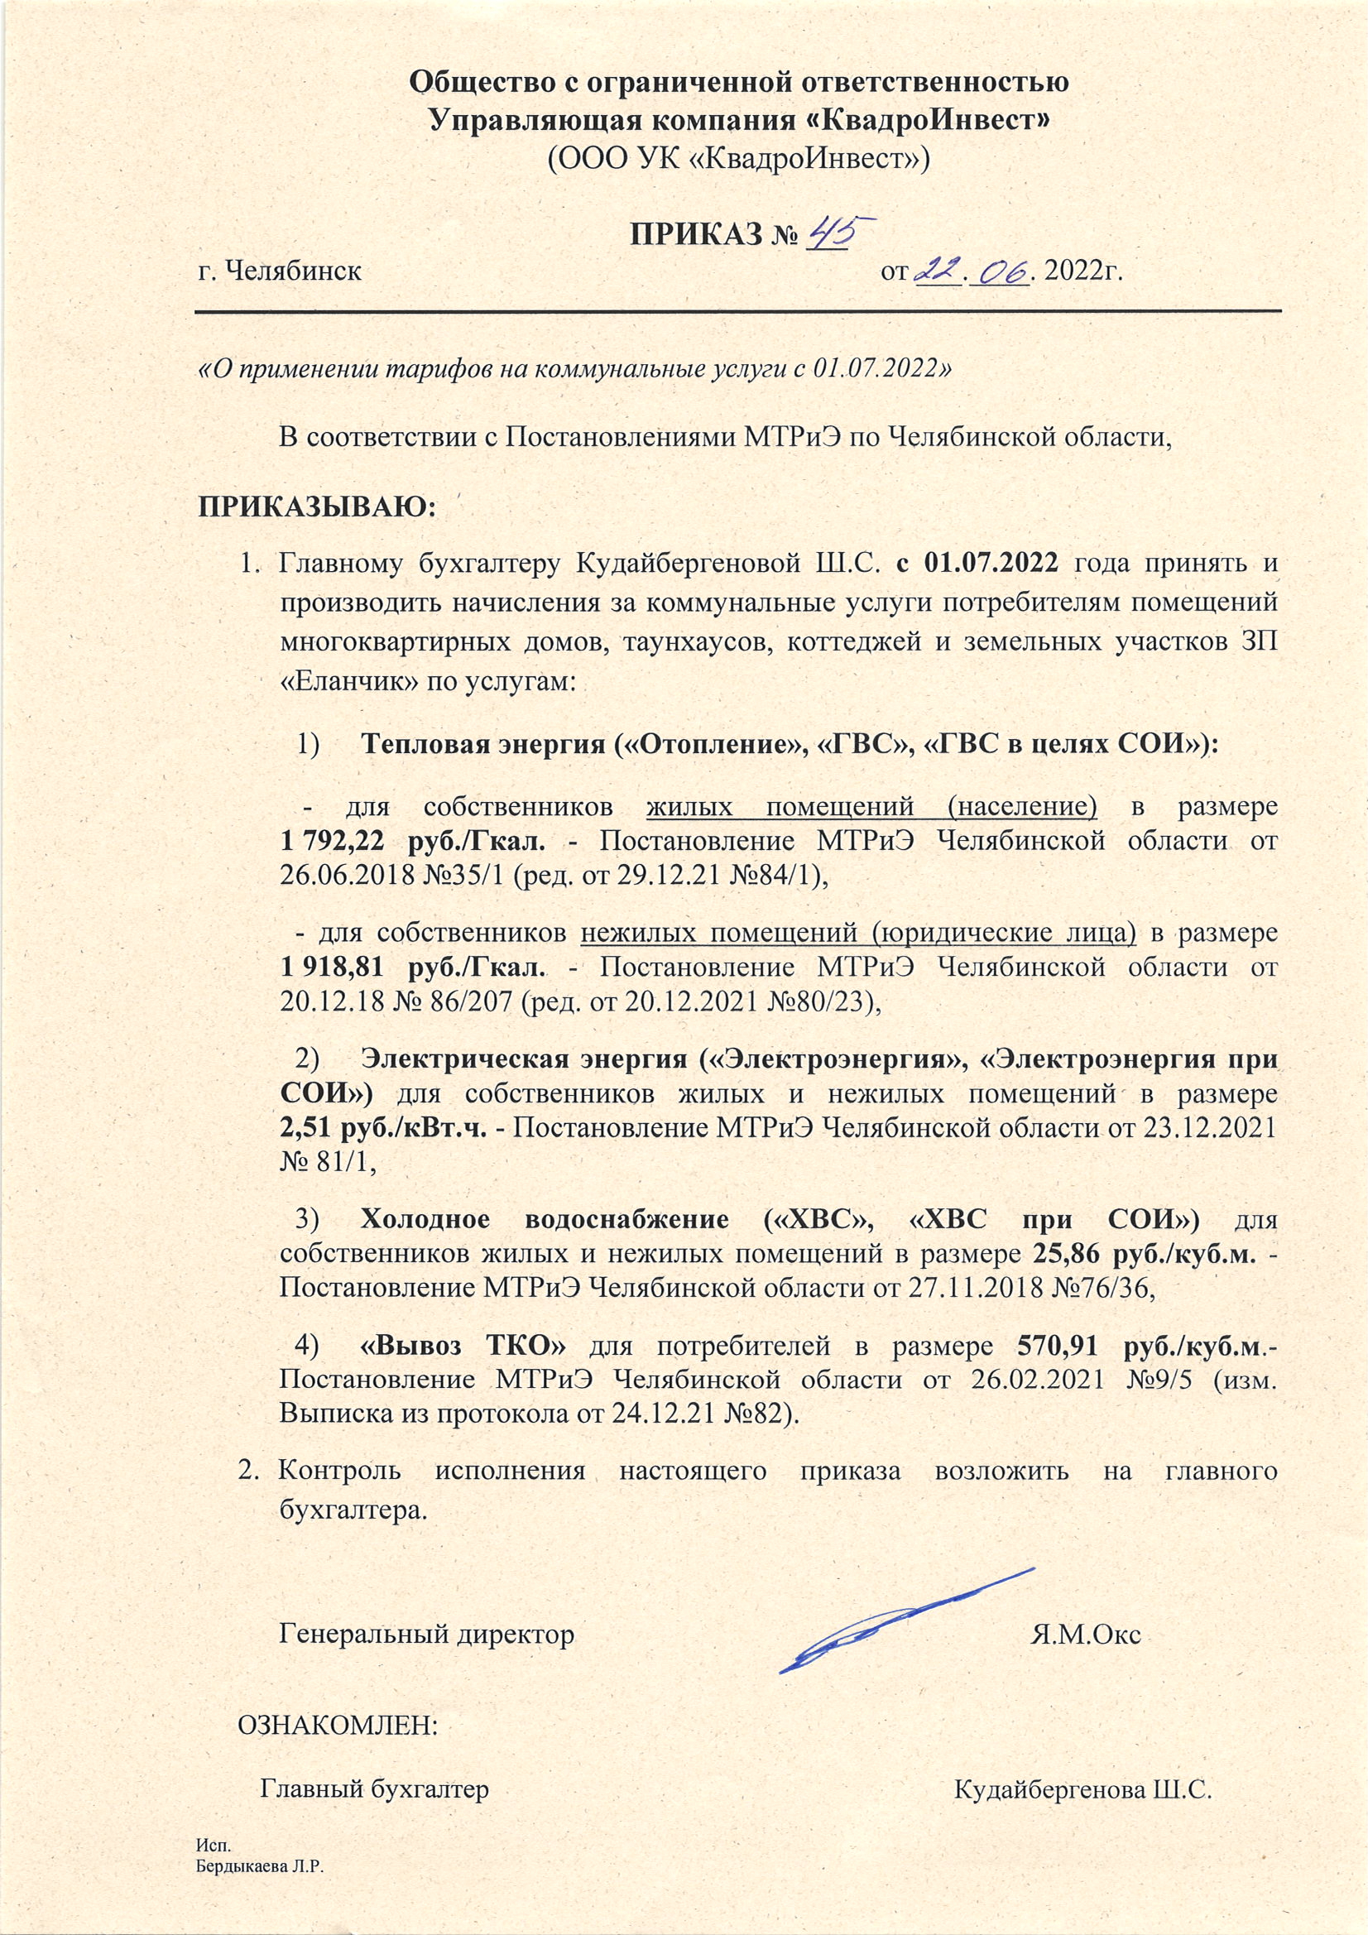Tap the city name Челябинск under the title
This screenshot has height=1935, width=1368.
point(279,272)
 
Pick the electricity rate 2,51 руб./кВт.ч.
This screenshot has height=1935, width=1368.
point(383,1128)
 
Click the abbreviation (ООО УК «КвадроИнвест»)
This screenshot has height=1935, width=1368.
point(737,156)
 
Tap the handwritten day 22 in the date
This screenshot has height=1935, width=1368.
point(938,272)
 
